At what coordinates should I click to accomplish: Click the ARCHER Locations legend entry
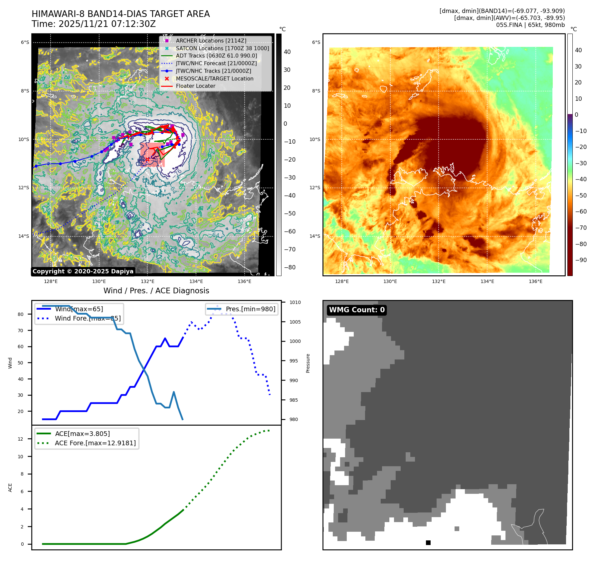click(x=211, y=41)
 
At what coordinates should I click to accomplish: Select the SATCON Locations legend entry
click(x=222, y=48)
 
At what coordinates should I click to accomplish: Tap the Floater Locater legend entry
click(x=195, y=86)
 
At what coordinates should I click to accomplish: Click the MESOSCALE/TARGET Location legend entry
click(x=214, y=78)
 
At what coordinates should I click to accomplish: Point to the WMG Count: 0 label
click(x=357, y=310)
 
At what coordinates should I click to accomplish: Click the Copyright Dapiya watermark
click(x=83, y=271)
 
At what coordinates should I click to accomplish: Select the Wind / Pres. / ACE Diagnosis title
click(x=156, y=291)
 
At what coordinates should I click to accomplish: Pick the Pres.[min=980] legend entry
click(x=250, y=309)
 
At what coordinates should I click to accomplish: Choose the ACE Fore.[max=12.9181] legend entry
click(x=95, y=443)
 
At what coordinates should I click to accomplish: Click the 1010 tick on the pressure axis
click(x=295, y=302)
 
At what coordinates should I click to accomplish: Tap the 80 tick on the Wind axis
click(x=21, y=314)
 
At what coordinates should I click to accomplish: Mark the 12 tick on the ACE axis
click(x=21, y=439)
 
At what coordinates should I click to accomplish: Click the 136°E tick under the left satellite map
click(x=244, y=281)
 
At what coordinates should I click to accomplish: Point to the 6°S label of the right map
click(x=316, y=42)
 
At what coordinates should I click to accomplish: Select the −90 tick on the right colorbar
click(x=581, y=260)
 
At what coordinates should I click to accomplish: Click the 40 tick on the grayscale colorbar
click(x=287, y=52)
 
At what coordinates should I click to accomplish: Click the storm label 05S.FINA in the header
click(x=508, y=25)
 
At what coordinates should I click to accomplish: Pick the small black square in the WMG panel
click(x=428, y=543)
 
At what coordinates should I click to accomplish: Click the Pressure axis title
click(x=308, y=363)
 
